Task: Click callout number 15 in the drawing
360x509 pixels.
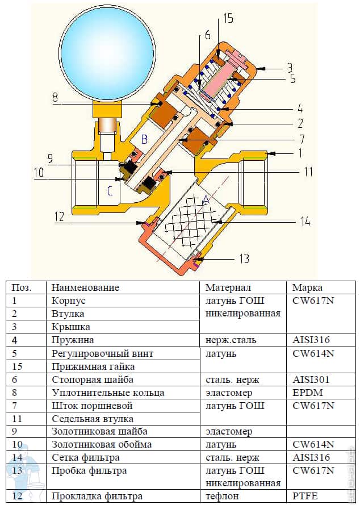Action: pyautogui.click(x=228, y=19)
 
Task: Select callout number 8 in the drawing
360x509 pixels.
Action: pyautogui.click(x=55, y=97)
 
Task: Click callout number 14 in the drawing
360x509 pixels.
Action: pyautogui.click(x=305, y=222)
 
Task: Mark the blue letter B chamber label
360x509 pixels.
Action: pyautogui.click(x=144, y=138)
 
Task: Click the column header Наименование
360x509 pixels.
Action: pyautogui.click(x=85, y=287)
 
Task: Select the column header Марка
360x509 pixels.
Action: pyautogui.click(x=307, y=287)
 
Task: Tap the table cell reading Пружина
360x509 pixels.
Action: pyautogui.click(x=72, y=340)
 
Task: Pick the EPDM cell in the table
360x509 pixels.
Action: pyautogui.click(x=305, y=392)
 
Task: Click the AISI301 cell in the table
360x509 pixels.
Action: pyautogui.click(x=309, y=379)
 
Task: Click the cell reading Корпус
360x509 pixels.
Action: pyautogui.click(x=68, y=300)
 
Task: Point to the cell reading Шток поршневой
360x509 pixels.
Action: pyautogui.click(x=91, y=406)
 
